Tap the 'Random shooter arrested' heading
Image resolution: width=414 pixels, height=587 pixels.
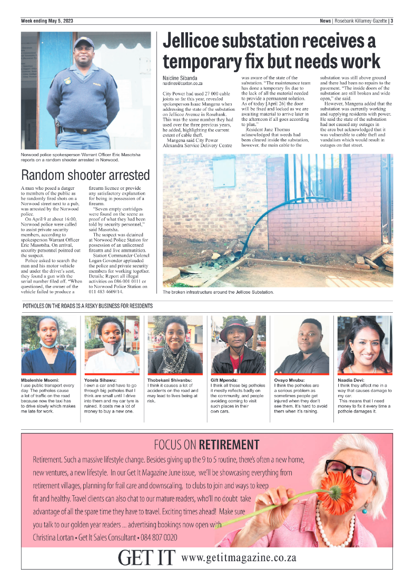point(85,175)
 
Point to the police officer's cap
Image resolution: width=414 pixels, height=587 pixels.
point(83,42)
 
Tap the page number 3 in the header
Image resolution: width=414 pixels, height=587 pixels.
point(391,21)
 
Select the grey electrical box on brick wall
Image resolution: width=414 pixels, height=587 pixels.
point(223,172)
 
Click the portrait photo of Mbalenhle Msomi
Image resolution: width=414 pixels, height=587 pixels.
point(48,345)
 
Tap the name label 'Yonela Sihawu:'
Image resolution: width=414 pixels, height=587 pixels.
point(101,380)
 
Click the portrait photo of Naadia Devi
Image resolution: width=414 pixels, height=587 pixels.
point(364,345)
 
